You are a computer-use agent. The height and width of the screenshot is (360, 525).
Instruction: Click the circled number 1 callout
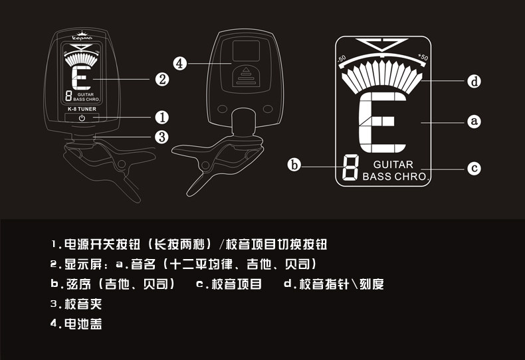pyautogui.click(x=161, y=117)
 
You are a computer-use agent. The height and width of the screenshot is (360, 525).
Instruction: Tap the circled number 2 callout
pyautogui.click(x=161, y=80)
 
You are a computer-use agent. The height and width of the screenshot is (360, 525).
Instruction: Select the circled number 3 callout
pyautogui.click(x=161, y=137)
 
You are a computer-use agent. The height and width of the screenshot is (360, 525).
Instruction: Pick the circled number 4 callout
pyautogui.click(x=179, y=64)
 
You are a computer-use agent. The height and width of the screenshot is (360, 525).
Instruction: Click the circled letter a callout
pyautogui.click(x=473, y=122)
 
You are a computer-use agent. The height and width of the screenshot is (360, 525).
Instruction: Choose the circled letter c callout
pyautogui.click(x=473, y=168)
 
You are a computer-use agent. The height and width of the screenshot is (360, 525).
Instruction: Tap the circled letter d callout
pyautogui.click(x=473, y=81)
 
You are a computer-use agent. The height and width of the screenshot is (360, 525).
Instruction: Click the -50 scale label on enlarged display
pyautogui.click(x=342, y=58)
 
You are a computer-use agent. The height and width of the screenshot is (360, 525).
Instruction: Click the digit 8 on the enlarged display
pyautogui.click(x=350, y=170)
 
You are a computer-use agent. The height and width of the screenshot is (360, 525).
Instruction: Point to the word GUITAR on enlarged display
pyautogui.click(x=393, y=165)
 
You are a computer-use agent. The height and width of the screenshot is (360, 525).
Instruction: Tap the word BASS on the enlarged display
pyautogui.click(x=377, y=177)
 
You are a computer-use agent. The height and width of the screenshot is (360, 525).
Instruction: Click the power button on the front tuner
pyautogui.click(x=82, y=118)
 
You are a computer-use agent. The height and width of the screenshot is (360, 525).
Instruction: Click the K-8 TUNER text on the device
pyautogui.click(x=82, y=109)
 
